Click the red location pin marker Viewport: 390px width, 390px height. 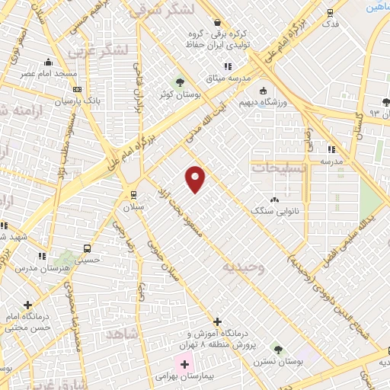pyautogui.click(x=196, y=178)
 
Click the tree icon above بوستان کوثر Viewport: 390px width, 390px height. pyautogui.click(x=181, y=82)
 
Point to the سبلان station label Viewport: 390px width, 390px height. pyautogui.click(x=134, y=206)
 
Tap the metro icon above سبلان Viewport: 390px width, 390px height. pyautogui.click(x=134, y=193)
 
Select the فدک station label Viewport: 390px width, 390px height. pyautogui.click(x=330, y=24)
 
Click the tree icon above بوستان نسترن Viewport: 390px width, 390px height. pyautogui.click(x=277, y=350)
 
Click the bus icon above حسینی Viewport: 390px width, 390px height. pyautogui.click(x=88, y=248)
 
